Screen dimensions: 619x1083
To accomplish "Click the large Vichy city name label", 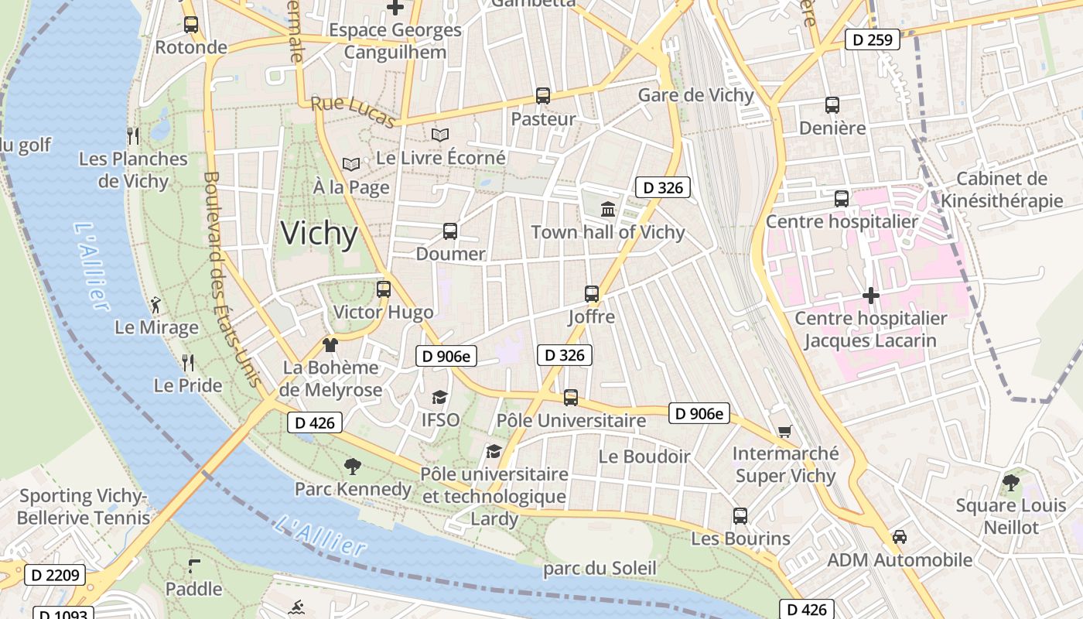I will tap(319, 233).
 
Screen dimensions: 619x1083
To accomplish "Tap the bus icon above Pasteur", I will tap(543, 96).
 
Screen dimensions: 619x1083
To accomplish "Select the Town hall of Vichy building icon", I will tap(608, 209).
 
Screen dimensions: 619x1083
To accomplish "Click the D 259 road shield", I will tap(873, 39).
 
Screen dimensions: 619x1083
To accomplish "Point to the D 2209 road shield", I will tap(55, 575).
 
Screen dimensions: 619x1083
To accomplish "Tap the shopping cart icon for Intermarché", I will tap(785, 431).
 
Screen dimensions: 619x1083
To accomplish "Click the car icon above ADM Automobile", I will tap(900, 536).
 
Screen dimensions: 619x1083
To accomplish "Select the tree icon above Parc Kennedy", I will tap(353, 466).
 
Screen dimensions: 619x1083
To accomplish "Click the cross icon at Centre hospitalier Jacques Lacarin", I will tap(871, 296).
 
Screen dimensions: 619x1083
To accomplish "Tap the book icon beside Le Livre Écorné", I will tap(440, 135).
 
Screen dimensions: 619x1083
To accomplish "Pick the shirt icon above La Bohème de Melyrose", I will tap(330, 344).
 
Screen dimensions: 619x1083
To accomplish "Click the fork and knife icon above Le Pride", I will tap(187, 361).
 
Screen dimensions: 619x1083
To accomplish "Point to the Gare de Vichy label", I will tap(695, 95).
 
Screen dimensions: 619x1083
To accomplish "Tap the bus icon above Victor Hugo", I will tap(384, 289).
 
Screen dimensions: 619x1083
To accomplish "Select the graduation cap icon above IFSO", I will tap(440, 397).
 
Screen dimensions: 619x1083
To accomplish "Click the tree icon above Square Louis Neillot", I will tap(1010, 483).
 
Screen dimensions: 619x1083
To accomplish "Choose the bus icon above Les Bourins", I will tap(740, 515).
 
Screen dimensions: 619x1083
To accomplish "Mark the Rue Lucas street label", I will tap(353, 112).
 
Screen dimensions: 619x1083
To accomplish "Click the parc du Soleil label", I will tap(600, 569).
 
